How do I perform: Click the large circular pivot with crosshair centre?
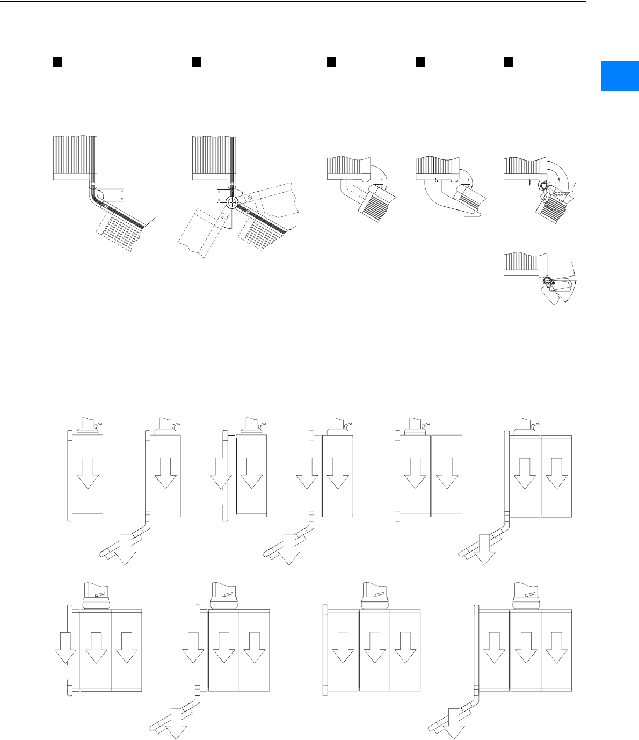tap(231, 203)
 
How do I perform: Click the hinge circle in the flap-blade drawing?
tap(547, 281)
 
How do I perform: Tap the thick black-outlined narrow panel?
tap(232, 476)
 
